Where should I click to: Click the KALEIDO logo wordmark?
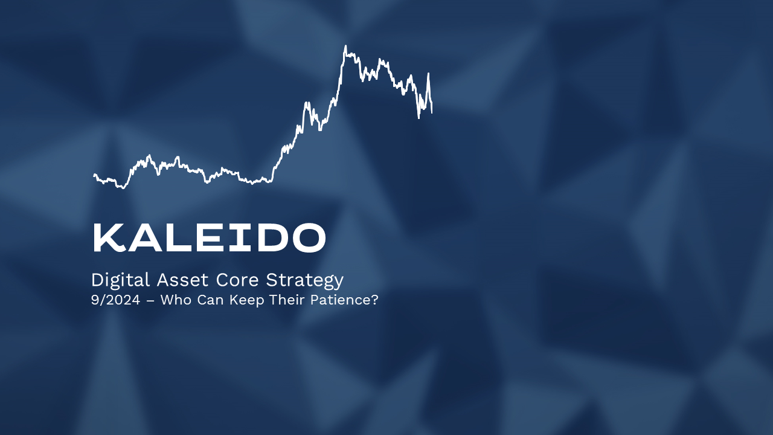pyautogui.click(x=209, y=237)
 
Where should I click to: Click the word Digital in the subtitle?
pyautogui.click(x=120, y=280)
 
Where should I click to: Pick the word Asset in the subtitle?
pyautogui.click(x=182, y=280)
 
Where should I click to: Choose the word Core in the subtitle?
pyautogui.click(x=237, y=280)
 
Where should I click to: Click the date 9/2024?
pyautogui.click(x=115, y=300)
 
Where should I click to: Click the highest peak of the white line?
pyautogui.click(x=345, y=46)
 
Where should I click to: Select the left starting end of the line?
pyautogui.click(x=94, y=175)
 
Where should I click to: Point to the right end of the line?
pyautogui.click(x=432, y=112)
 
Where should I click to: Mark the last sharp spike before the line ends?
pyautogui.click(x=428, y=74)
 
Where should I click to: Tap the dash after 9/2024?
pyautogui.click(x=150, y=301)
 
